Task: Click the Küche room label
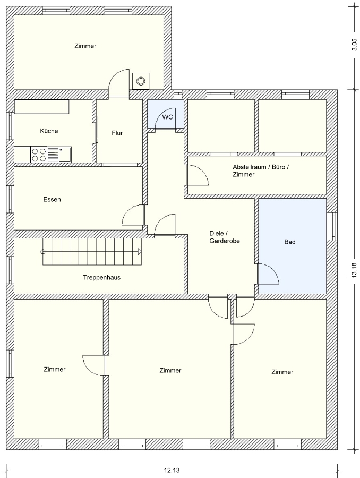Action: pos(49,131)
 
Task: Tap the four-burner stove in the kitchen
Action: pos(39,155)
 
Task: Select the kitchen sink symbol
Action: pos(59,155)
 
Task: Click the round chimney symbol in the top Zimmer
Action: pos(141,81)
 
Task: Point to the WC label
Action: pos(167,117)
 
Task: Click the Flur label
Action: pos(117,133)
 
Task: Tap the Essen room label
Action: pos(52,199)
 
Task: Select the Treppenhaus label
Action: pos(102,277)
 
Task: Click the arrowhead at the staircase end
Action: pos(140,252)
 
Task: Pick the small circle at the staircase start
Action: pos(42,252)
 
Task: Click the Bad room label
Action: pos(290,242)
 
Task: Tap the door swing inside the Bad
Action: pos(268,274)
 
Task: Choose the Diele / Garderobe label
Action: pos(225,237)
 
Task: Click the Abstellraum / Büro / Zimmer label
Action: pos(261,170)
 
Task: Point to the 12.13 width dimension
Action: pos(172,471)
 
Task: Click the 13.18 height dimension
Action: pos(354,270)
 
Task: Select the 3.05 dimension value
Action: pos(354,45)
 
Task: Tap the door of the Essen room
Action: pos(133,215)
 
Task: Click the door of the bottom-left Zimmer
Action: pos(94,365)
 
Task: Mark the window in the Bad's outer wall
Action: pos(333,226)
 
